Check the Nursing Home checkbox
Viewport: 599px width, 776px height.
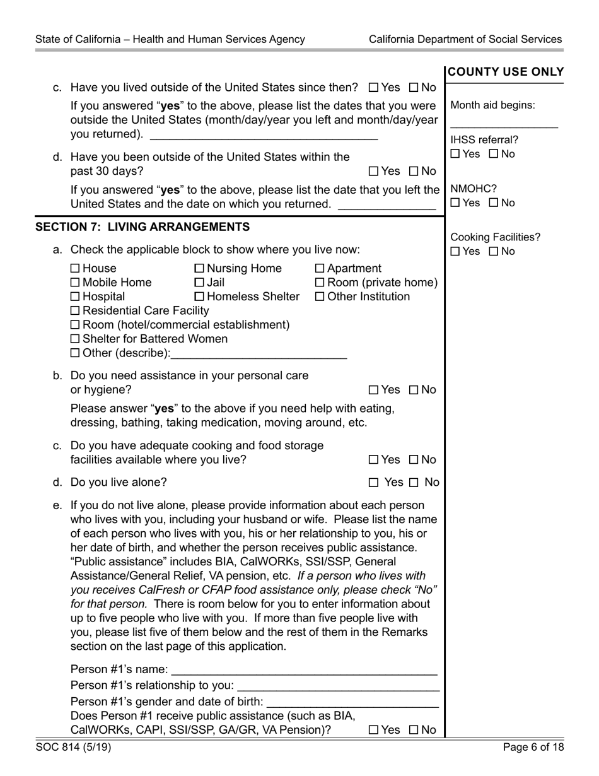click(x=199, y=269)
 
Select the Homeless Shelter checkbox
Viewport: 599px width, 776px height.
click(x=199, y=297)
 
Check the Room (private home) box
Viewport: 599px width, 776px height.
click(x=319, y=283)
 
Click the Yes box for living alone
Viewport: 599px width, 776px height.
click(x=374, y=483)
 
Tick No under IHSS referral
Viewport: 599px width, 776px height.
click(x=494, y=154)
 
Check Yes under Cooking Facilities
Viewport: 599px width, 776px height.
click(x=455, y=252)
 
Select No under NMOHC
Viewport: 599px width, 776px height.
click(x=494, y=203)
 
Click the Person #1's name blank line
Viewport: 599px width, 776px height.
click(x=304, y=669)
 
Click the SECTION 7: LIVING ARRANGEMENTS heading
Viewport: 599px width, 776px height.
click(x=142, y=227)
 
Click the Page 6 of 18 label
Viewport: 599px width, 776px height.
click(x=533, y=748)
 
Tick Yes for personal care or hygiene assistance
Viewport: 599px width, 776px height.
click(x=373, y=390)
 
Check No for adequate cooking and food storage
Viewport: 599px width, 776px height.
click(x=414, y=460)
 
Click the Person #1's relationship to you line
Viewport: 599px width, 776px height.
click(x=338, y=685)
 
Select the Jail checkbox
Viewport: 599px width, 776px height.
click(x=199, y=283)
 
